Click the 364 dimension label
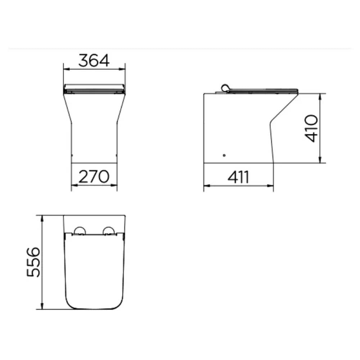(x=94, y=60)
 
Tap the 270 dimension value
(x=94, y=177)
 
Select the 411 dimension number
(x=238, y=177)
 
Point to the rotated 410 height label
(x=311, y=128)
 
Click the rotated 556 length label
(x=33, y=262)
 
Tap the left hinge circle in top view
(x=80, y=231)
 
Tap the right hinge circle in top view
(x=109, y=231)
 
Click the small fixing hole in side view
(x=224, y=155)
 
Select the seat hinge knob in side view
(x=225, y=87)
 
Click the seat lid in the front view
(x=94, y=87)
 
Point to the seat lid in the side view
(x=263, y=90)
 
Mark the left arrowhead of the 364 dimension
(x=65, y=68)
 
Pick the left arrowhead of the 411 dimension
(x=206, y=186)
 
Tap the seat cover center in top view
(x=94, y=270)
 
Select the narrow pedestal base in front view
(x=94, y=144)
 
